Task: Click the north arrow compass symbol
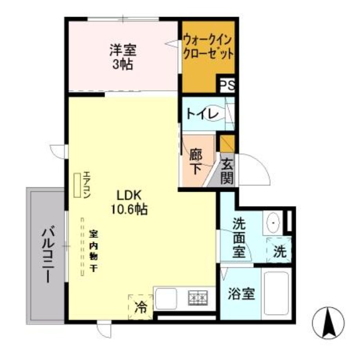coord(328,322)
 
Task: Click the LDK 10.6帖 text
coord(130,202)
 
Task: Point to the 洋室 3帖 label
coord(122,56)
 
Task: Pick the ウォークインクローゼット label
coord(208,47)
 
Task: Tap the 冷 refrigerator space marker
coord(141,307)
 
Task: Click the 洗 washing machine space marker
coord(280,251)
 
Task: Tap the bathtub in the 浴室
coord(276,293)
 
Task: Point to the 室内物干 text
coord(94,250)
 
